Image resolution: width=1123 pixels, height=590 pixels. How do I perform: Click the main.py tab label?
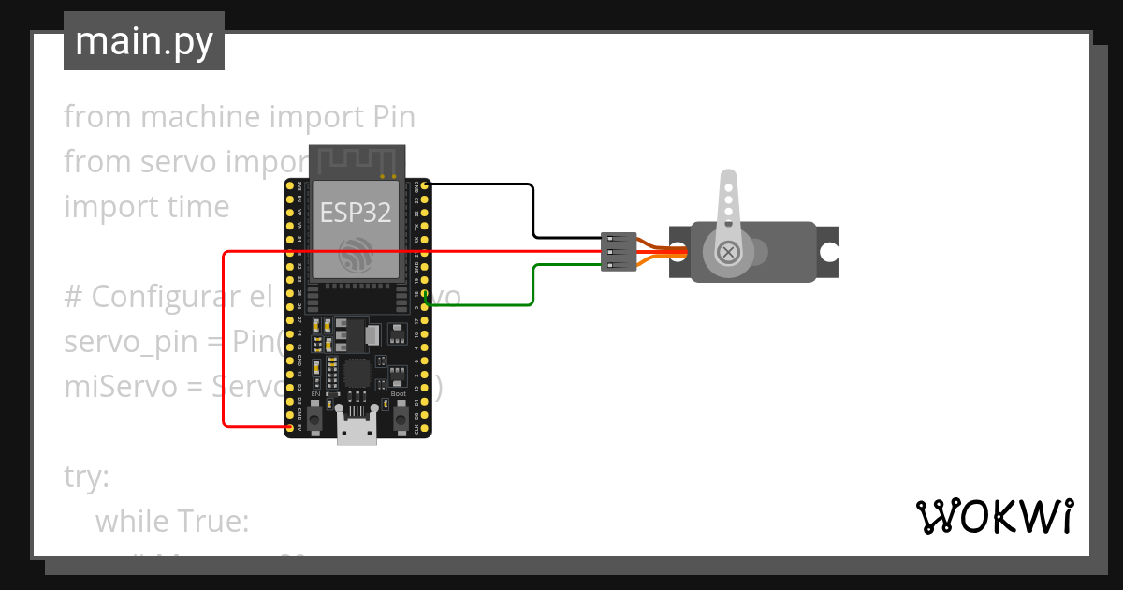point(143,41)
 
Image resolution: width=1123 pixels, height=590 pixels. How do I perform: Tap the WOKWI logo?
point(993,516)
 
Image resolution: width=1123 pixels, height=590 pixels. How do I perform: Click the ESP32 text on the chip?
point(356,213)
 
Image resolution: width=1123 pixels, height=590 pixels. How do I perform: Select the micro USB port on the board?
point(357,432)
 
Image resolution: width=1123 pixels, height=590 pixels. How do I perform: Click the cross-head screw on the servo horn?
point(728,252)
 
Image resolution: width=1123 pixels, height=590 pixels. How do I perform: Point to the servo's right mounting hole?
point(828,252)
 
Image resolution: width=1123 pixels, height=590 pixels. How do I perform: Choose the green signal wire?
point(532,286)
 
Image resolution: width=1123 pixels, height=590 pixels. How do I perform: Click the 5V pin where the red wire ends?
point(289,428)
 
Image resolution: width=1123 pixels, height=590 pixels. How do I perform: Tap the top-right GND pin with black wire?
point(426,186)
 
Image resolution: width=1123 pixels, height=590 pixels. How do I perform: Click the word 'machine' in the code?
point(200,117)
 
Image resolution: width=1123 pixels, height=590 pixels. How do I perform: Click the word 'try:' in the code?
point(87,477)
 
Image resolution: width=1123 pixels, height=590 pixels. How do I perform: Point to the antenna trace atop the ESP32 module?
point(356,160)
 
